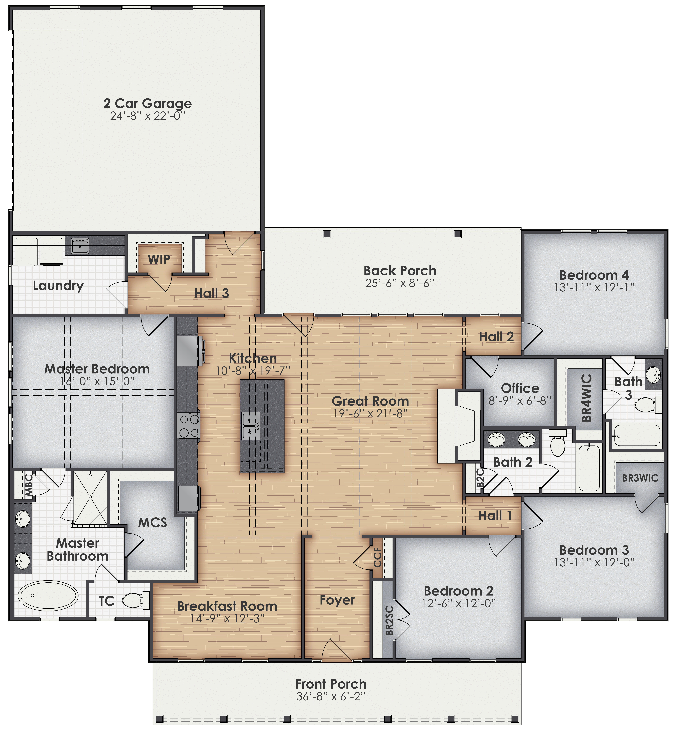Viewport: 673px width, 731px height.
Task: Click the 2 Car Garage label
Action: [148, 103]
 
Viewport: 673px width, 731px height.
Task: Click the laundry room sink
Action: [80, 246]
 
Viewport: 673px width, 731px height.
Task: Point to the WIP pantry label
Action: [159, 260]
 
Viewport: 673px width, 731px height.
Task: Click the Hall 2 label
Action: [496, 337]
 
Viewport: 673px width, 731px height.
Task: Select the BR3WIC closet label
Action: [640, 478]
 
